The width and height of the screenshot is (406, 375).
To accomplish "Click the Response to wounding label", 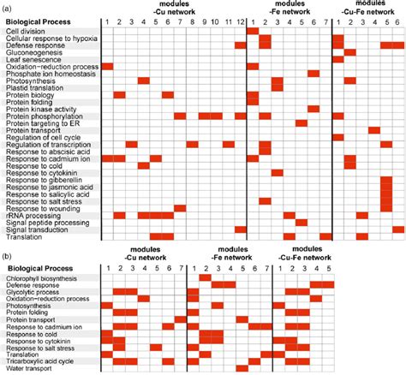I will [40, 208].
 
